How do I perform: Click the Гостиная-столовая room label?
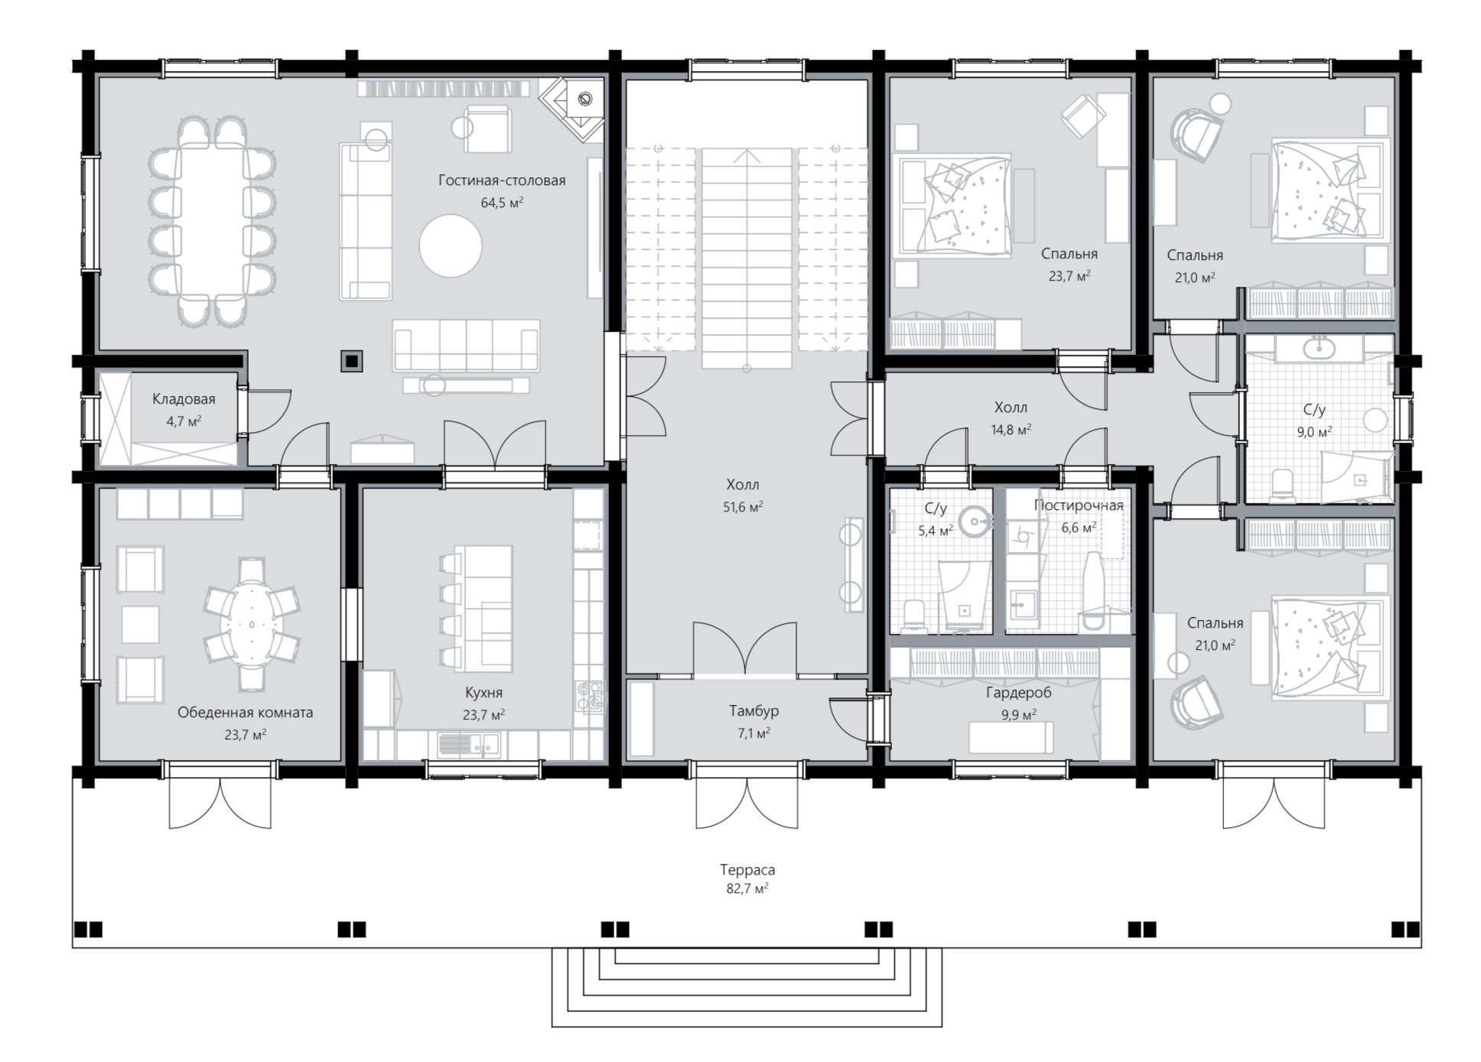(x=502, y=180)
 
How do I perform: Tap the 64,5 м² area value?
(x=502, y=203)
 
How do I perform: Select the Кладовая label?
(x=184, y=399)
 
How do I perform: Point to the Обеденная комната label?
(x=246, y=713)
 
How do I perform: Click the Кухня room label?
(x=483, y=693)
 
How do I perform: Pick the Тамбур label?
(x=754, y=711)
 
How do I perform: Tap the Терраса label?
(x=747, y=870)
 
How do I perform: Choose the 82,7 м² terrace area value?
(x=747, y=888)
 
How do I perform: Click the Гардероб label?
(x=1018, y=693)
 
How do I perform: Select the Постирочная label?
(x=1079, y=505)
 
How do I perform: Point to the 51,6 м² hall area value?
(x=743, y=506)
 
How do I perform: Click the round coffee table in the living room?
(x=451, y=245)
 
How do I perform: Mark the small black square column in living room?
(x=352, y=361)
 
